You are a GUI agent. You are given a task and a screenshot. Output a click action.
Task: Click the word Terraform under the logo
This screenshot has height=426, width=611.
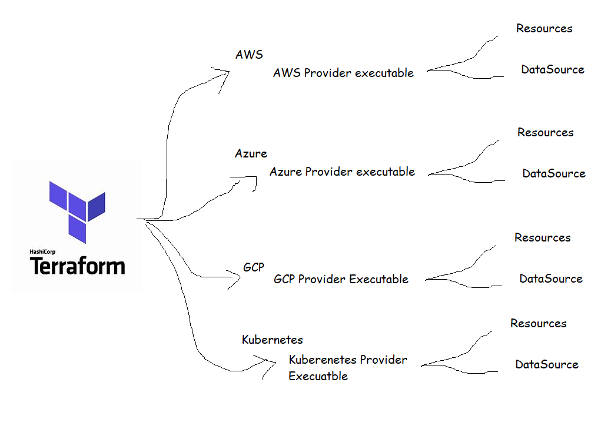[77, 266]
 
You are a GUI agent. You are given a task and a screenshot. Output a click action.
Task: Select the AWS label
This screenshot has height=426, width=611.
[249, 55]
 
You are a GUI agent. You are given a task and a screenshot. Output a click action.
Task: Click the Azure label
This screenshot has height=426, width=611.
[251, 154]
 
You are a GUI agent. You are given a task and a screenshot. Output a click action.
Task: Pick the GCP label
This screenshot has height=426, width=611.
[254, 267]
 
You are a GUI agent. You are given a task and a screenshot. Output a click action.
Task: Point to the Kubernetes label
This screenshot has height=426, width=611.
[273, 340]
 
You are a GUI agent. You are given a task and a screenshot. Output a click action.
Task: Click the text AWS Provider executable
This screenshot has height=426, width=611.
[343, 73]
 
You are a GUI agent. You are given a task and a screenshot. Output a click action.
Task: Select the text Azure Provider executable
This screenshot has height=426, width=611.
[342, 172]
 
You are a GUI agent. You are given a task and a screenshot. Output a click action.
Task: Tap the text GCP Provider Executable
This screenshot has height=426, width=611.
[341, 279]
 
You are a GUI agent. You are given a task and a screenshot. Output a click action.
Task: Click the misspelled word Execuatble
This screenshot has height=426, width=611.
[318, 376]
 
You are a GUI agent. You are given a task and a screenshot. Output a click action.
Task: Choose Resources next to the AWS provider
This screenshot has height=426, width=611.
[544, 28]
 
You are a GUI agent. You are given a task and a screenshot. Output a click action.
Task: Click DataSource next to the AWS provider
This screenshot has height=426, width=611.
[552, 70]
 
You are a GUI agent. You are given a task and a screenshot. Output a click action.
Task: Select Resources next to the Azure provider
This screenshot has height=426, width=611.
[545, 133]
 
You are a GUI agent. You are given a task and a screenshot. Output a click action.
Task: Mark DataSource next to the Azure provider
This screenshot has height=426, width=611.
[553, 174]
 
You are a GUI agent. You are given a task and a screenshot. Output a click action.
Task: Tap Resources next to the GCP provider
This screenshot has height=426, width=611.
[542, 238]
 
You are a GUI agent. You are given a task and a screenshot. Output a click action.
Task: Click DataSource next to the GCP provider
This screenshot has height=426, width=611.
[550, 279]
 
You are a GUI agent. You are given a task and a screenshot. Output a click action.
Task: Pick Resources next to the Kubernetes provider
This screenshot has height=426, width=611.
[538, 324]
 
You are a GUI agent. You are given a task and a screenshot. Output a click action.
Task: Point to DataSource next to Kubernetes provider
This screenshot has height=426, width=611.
[546, 365]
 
